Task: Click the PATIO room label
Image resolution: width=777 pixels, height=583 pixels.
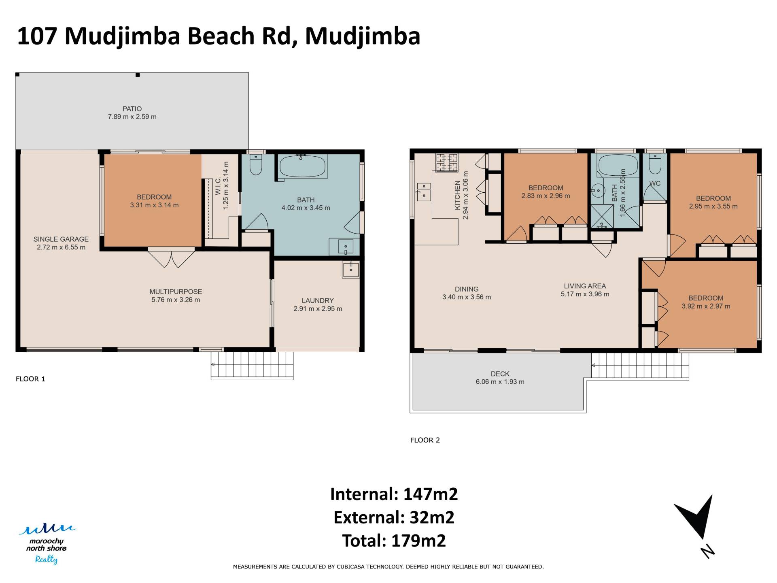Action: pos(132,109)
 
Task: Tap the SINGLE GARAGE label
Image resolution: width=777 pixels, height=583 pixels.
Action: pos(61,239)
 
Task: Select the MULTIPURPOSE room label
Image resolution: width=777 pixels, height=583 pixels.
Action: pos(176,291)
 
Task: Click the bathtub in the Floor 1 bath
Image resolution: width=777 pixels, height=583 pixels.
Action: pos(302,166)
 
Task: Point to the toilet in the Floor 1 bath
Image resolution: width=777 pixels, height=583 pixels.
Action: pos(256,164)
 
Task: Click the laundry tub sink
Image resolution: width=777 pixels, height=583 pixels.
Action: pos(350,269)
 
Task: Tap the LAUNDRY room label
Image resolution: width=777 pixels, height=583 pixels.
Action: pos(318,300)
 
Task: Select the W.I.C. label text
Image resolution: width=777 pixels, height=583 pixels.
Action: pos(218,186)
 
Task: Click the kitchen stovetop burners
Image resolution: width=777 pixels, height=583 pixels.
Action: pos(447,162)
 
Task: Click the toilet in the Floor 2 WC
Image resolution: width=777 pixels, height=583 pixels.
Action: pos(655,164)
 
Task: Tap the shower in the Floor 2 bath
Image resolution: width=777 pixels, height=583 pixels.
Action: pos(602,217)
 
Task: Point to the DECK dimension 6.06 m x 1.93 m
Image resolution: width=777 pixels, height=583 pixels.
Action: pos(500,382)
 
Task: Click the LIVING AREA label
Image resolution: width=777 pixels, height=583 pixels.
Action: pos(585,286)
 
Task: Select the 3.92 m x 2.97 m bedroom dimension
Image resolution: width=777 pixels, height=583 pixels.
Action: pos(706,306)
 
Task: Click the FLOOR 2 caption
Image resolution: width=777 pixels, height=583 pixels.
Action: pos(425,440)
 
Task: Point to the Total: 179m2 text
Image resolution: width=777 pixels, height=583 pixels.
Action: pos(394,541)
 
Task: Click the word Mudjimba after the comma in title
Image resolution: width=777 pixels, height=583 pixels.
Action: pos(363,36)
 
